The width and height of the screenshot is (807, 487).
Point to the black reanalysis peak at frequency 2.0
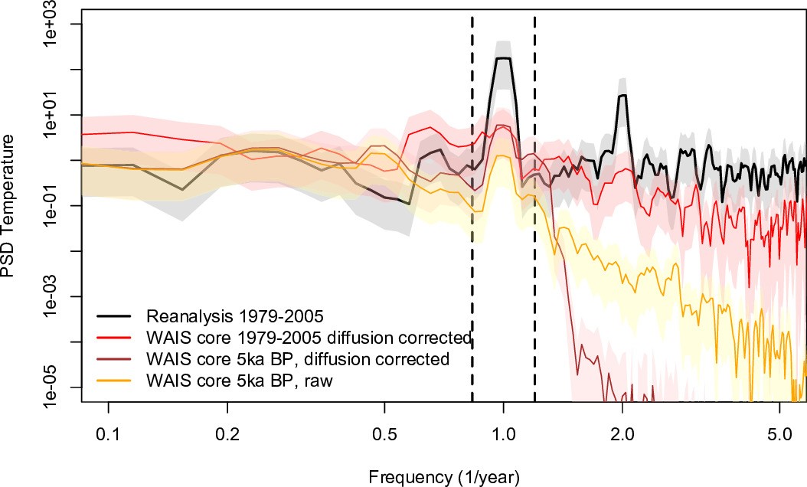pyautogui.click(x=622, y=95)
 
